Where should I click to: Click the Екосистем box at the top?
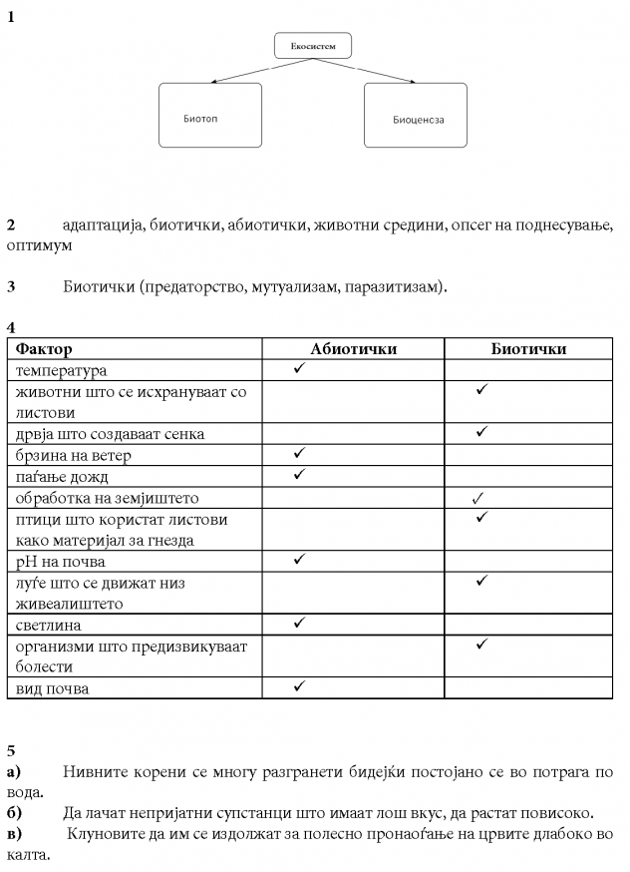312,46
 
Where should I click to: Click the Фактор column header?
45,349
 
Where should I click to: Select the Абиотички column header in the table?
353,349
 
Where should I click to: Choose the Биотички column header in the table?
528,349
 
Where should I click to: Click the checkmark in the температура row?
299,369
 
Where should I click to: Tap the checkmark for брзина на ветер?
299,454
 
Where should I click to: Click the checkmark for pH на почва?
299,560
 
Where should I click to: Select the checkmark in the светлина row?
299,624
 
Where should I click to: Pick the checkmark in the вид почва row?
299,686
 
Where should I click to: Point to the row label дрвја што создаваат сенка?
110,434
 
